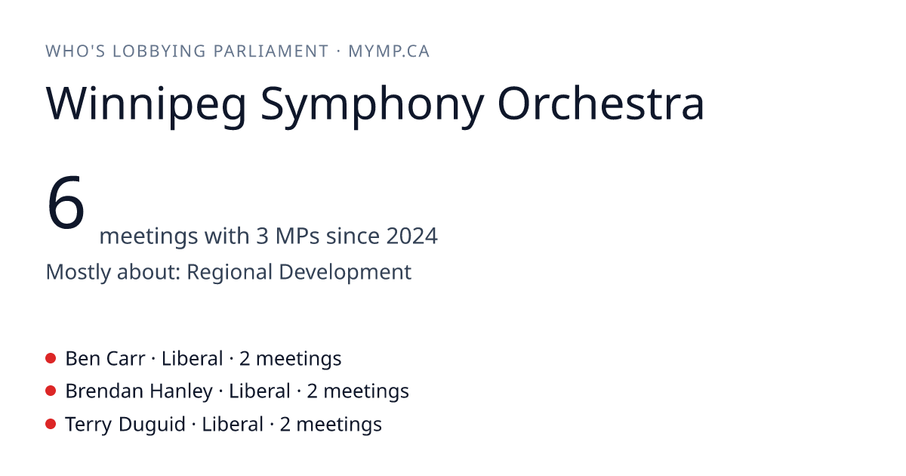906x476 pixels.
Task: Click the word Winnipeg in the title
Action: click(146, 104)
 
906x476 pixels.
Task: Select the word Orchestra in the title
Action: click(601, 103)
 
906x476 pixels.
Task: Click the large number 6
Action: click(66, 202)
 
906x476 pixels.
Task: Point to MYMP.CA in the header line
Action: click(389, 51)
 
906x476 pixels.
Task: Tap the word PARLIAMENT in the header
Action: click(271, 51)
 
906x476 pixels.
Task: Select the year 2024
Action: click(411, 236)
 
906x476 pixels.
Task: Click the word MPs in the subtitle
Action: click(297, 236)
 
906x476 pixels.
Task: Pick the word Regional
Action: click(230, 272)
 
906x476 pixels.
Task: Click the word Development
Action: click(345, 272)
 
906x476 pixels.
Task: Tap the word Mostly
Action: click(78, 272)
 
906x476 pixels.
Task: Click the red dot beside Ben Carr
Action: click(51, 358)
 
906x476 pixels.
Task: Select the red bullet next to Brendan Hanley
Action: click(51, 391)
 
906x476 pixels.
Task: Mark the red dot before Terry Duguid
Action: click(51, 424)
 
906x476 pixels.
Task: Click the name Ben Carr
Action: click(105, 359)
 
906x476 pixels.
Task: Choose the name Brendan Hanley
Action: click(139, 391)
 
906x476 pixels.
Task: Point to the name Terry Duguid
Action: click(125, 425)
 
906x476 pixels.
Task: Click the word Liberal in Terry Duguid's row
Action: click(233, 424)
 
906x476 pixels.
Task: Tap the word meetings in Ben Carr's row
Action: click(298, 360)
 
